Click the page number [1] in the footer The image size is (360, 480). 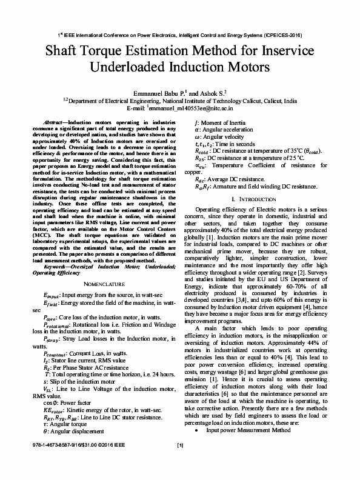click(x=180, y=463)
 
